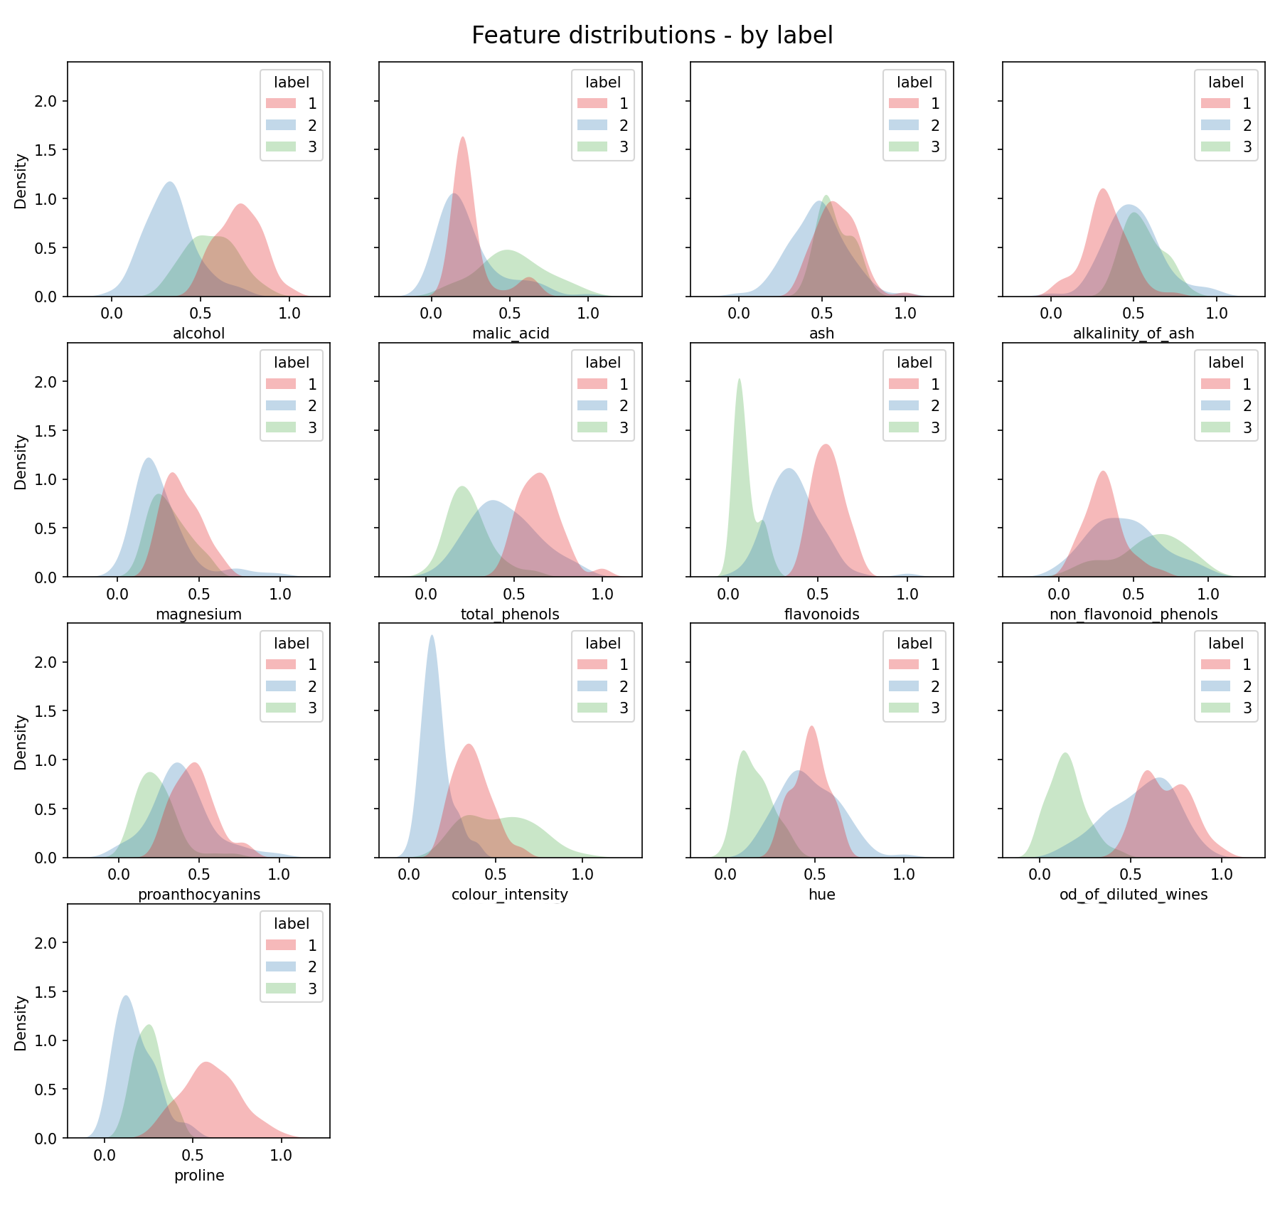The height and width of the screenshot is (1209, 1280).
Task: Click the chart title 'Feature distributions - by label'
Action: (652, 36)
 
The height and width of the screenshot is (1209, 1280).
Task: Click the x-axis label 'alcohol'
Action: (199, 334)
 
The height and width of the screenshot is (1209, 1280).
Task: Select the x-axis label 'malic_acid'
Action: (511, 334)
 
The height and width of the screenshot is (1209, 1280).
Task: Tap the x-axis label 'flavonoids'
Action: (822, 614)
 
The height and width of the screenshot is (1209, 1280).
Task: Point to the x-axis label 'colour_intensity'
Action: (510, 895)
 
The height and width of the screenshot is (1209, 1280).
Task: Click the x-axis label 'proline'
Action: (199, 1176)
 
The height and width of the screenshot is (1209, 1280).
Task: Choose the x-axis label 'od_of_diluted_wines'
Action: (1134, 895)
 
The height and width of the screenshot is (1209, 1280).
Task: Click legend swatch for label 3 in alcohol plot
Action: (280, 147)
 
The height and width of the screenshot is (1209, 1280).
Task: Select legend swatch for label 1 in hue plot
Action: (903, 665)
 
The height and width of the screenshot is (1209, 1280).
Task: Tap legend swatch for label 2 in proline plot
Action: (280, 967)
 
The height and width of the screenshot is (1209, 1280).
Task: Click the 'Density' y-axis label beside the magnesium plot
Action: (21, 462)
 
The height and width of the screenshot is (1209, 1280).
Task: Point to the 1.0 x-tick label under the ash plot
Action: (905, 314)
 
